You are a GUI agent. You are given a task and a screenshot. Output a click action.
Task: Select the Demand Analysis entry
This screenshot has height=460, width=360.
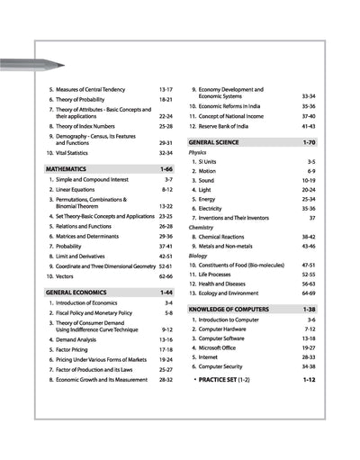(x=85, y=339)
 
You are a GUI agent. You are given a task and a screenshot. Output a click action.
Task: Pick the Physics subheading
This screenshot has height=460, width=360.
(x=197, y=153)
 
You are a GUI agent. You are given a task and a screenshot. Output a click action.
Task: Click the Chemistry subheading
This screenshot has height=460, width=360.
(x=201, y=227)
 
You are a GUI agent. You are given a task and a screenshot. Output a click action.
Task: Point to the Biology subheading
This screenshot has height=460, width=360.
(x=198, y=256)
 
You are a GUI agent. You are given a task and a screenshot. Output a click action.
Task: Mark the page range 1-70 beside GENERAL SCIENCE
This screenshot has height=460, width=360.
(x=308, y=142)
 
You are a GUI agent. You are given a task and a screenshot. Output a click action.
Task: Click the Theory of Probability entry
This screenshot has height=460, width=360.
(x=89, y=99)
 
